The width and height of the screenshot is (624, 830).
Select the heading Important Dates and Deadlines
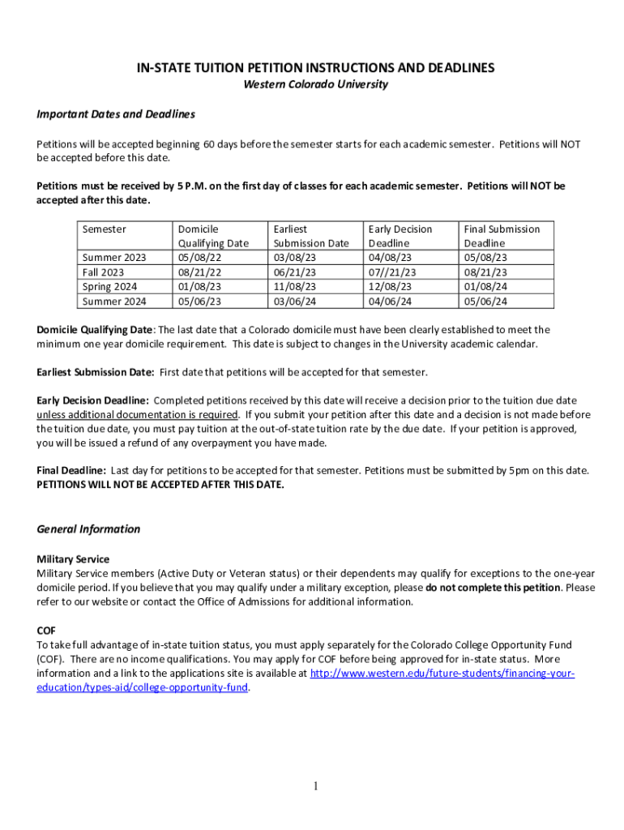coord(116,114)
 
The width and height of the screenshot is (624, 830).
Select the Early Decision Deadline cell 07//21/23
coord(392,272)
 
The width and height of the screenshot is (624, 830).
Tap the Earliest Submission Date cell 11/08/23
coord(295,287)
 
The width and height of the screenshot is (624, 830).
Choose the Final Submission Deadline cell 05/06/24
coord(485,302)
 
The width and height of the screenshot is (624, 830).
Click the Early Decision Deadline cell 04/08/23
coord(390,258)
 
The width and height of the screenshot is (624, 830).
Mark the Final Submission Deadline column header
coord(501,236)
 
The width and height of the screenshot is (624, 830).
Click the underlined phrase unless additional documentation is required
coord(137,414)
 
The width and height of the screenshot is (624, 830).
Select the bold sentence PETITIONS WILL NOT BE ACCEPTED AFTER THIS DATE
coord(160,485)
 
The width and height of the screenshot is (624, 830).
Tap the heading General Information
coord(88,529)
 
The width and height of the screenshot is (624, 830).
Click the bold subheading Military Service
coord(73,559)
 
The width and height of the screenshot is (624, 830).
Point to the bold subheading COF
coord(46,630)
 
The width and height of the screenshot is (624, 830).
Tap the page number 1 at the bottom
coord(316,785)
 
